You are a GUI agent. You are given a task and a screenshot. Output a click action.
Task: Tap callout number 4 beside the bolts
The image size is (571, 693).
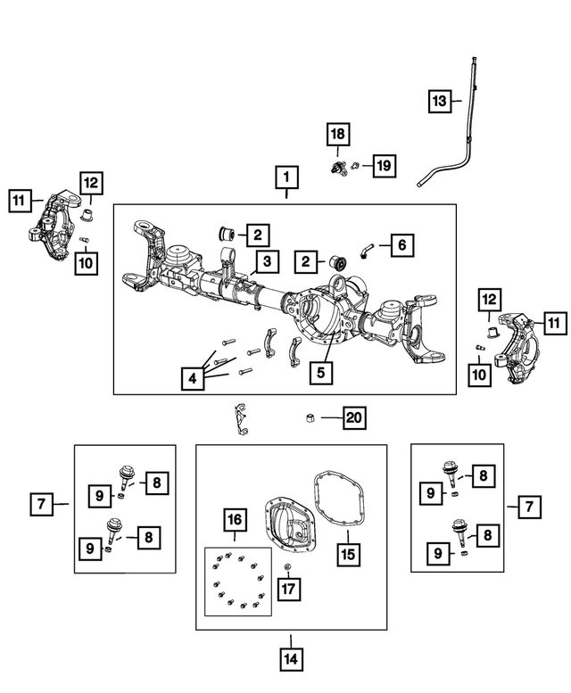click(x=191, y=378)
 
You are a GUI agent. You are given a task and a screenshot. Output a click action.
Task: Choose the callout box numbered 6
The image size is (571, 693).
click(x=401, y=243)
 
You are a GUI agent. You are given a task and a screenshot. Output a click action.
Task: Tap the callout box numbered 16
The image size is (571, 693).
click(x=234, y=520)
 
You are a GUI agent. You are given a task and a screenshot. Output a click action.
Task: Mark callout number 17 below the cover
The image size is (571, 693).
click(x=289, y=589)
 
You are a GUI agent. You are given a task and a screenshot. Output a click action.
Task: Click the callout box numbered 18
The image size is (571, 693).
click(x=337, y=135)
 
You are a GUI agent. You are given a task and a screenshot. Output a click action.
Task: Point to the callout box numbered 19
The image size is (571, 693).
click(x=383, y=165)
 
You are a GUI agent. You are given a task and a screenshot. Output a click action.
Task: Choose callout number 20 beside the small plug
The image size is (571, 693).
click(x=354, y=417)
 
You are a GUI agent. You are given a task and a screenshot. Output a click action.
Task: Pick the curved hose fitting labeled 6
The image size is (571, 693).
click(x=366, y=252)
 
